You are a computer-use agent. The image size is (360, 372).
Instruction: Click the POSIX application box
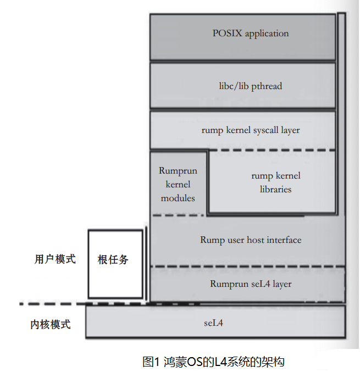coord(242,37)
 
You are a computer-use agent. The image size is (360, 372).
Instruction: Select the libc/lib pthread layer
coord(242,86)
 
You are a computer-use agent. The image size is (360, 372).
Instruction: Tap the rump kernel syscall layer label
coord(251,130)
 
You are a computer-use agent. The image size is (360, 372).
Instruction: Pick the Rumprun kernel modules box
coord(178,184)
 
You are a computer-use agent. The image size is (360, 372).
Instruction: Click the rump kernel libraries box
coord(273,182)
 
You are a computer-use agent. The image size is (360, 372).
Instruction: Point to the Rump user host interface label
coord(251,240)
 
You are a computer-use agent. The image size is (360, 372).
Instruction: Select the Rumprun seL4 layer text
coord(251,284)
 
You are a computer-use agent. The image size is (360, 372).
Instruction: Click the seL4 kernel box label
coord(213,322)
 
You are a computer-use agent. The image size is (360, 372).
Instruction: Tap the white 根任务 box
coord(115,264)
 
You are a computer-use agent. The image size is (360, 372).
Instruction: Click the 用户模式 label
coord(55,259)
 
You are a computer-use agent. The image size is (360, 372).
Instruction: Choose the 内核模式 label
coord(51,324)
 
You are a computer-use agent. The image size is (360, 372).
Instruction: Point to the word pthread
coord(267,86)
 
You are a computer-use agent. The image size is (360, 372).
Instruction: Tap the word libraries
coord(276,190)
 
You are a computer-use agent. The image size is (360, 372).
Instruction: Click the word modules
coord(178,198)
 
